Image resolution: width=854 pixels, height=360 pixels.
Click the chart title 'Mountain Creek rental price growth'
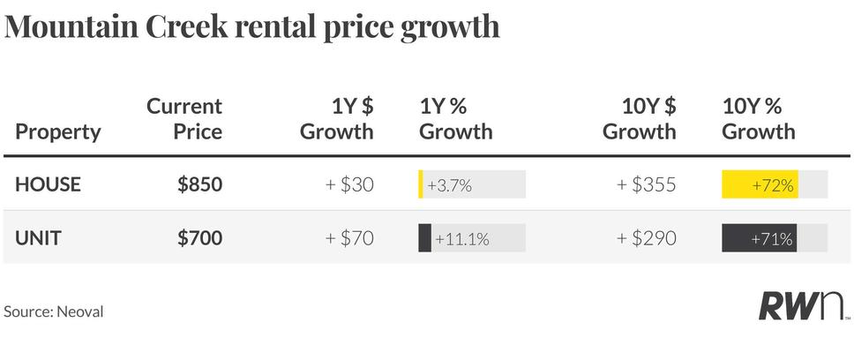[251, 27]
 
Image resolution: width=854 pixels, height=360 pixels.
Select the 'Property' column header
[58, 132]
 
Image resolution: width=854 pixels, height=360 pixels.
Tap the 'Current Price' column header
[184, 119]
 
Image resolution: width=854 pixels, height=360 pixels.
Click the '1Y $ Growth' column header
[337, 119]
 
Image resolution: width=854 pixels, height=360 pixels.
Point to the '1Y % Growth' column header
[456, 119]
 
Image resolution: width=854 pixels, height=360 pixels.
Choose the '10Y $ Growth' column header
[640, 119]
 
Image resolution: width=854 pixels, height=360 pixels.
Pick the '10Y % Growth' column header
[759, 119]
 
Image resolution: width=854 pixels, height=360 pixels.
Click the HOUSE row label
[48, 184]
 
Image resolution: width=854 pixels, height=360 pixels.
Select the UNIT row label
[38, 238]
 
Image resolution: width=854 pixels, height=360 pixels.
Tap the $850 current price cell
[200, 184]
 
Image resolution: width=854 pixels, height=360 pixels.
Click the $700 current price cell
[200, 238]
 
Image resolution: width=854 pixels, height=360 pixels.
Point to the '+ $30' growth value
[349, 184]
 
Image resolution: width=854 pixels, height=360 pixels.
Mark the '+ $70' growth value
[349, 238]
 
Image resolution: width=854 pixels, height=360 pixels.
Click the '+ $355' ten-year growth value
[647, 184]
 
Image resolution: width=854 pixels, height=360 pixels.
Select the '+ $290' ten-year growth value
[647, 238]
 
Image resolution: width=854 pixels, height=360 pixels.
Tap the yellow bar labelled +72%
[760, 184]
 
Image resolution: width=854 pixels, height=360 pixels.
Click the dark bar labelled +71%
[760, 238]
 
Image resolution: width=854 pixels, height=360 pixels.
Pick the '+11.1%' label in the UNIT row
[462, 238]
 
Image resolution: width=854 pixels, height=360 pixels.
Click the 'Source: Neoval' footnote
[53, 312]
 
